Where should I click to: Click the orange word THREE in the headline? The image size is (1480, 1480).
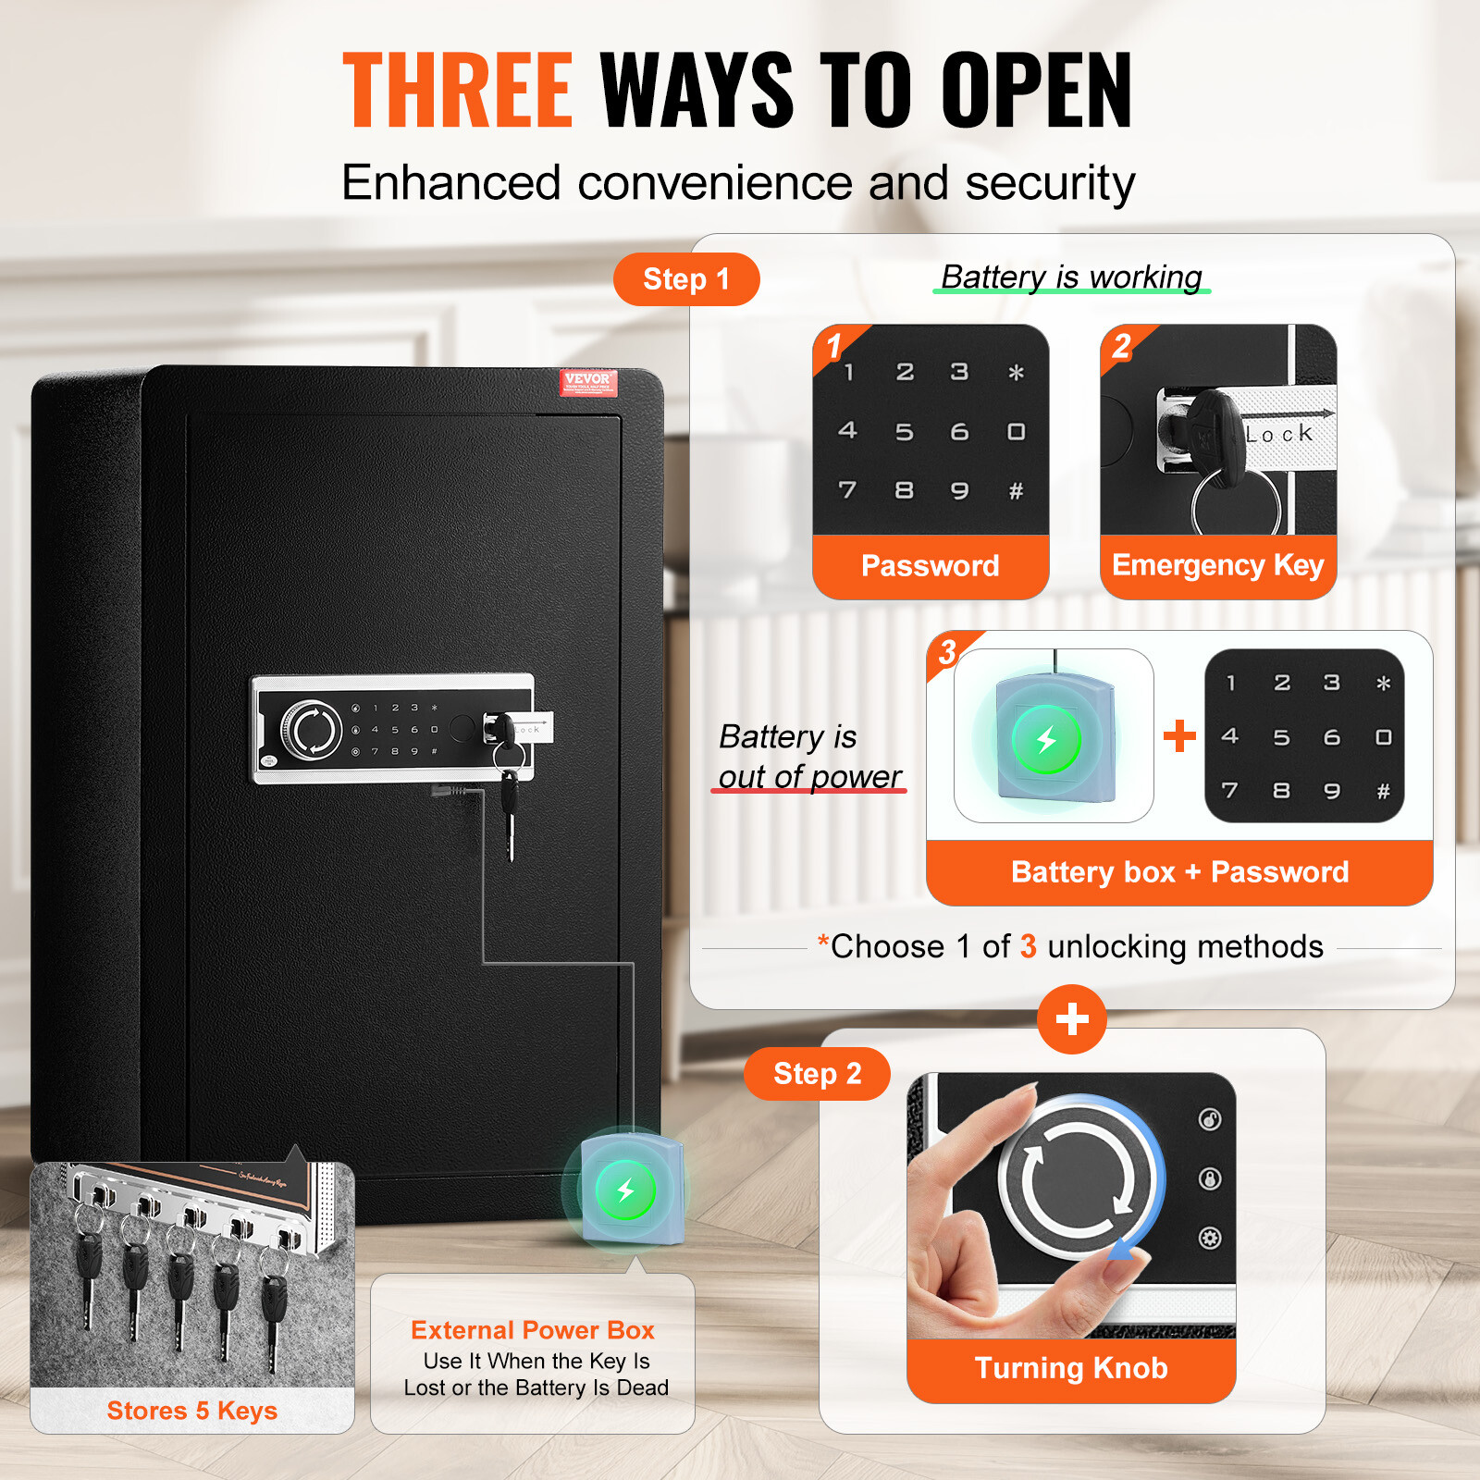click(x=458, y=90)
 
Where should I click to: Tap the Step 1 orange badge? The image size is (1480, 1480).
click(x=686, y=279)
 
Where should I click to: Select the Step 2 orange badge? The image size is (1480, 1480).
click(x=817, y=1074)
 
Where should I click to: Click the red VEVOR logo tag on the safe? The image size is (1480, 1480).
click(x=587, y=381)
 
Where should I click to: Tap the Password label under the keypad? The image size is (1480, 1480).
click(x=930, y=566)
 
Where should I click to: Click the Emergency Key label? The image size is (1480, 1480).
click(x=1217, y=565)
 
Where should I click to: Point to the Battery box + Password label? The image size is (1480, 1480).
click(x=1179, y=872)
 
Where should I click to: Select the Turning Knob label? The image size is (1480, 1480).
click(x=1071, y=1368)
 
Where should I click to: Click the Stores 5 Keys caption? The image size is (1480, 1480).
click(x=191, y=1411)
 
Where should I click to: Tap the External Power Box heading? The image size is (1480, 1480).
click(x=533, y=1330)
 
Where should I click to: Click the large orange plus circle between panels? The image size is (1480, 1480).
click(x=1072, y=1019)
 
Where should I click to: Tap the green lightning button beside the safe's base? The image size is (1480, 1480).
click(x=625, y=1190)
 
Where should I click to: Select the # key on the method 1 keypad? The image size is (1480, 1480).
click(x=1016, y=491)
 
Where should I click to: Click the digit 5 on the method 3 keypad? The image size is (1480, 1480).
click(x=1281, y=737)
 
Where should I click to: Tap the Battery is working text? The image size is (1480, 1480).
click(x=1071, y=277)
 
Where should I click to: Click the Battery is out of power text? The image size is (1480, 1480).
click(x=809, y=757)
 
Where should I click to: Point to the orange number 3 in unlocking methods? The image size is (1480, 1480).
click(x=1028, y=946)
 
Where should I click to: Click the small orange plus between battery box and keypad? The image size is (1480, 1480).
click(x=1179, y=736)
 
